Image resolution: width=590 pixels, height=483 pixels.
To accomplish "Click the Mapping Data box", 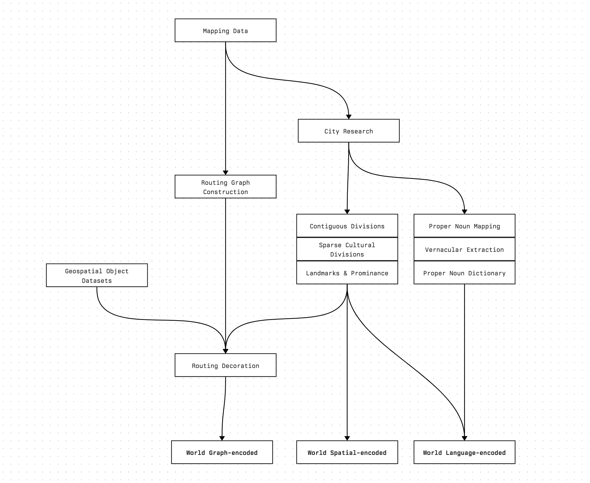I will (x=225, y=30).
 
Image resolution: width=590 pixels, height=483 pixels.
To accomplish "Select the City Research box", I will (x=348, y=131).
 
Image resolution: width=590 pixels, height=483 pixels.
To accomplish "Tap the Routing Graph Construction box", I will (x=225, y=187).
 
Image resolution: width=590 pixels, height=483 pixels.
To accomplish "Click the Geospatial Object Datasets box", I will (x=97, y=276).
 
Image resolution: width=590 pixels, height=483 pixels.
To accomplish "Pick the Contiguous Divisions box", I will (x=347, y=226).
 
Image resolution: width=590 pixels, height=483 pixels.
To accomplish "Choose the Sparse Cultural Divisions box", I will (x=347, y=249).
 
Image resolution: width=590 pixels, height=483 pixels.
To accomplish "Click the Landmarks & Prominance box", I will (x=347, y=273).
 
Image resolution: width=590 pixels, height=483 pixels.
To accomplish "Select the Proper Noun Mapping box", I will (x=464, y=226).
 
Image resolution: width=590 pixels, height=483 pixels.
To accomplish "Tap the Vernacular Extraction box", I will (x=464, y=249).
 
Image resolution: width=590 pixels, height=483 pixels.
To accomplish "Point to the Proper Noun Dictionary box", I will (x=464, y=273).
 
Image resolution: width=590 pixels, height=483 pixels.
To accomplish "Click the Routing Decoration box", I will (x=225, y=365).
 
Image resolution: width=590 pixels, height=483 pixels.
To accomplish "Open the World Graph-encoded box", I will (x=222, y=452).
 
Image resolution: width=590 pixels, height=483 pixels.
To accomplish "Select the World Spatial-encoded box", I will (x=347, y=452).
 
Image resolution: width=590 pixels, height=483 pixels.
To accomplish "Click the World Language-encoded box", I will (x=464, y=452).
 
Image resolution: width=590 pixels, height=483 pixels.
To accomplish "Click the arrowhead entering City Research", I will (x=348, y=117).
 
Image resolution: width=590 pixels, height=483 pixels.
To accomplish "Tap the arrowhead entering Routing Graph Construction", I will (x=225, y=173).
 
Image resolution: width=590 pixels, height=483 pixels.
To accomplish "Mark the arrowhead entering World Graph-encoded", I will (x=222, y=438).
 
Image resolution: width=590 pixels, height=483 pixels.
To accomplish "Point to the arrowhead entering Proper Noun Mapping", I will (x=464, y=212).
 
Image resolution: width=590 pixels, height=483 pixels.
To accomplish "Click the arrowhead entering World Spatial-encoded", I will (x=347, y=438).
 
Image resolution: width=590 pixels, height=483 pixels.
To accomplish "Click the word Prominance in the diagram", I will (x=369, y=273).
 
